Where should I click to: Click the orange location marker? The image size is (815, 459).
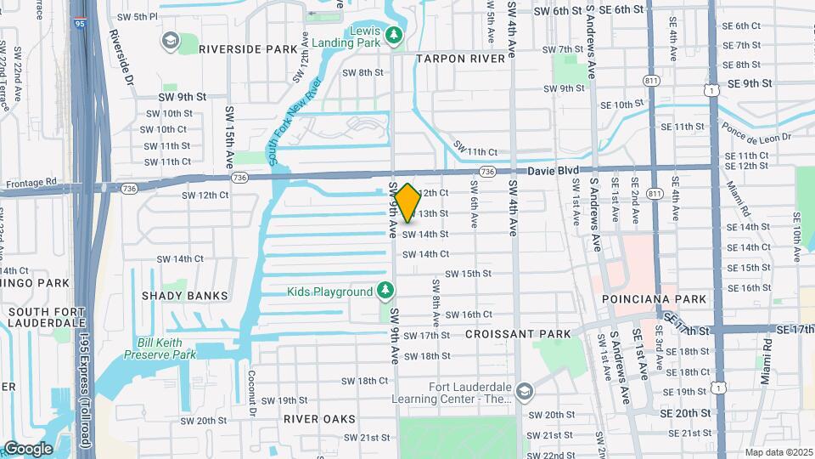click(x=407, y=203)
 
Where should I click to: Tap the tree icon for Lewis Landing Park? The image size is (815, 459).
click(x=393, y=35)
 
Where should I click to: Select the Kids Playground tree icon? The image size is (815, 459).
click(x=385, y=292)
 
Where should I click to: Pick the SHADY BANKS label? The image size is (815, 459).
click(x=185, y=296)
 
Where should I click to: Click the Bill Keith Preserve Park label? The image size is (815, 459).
click(x=167, y=348)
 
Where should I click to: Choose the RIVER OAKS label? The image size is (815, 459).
click(x=320, y=419)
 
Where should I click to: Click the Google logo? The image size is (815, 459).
click(x=28, y=449)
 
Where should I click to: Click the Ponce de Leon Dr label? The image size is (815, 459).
click(x=756, y=132)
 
